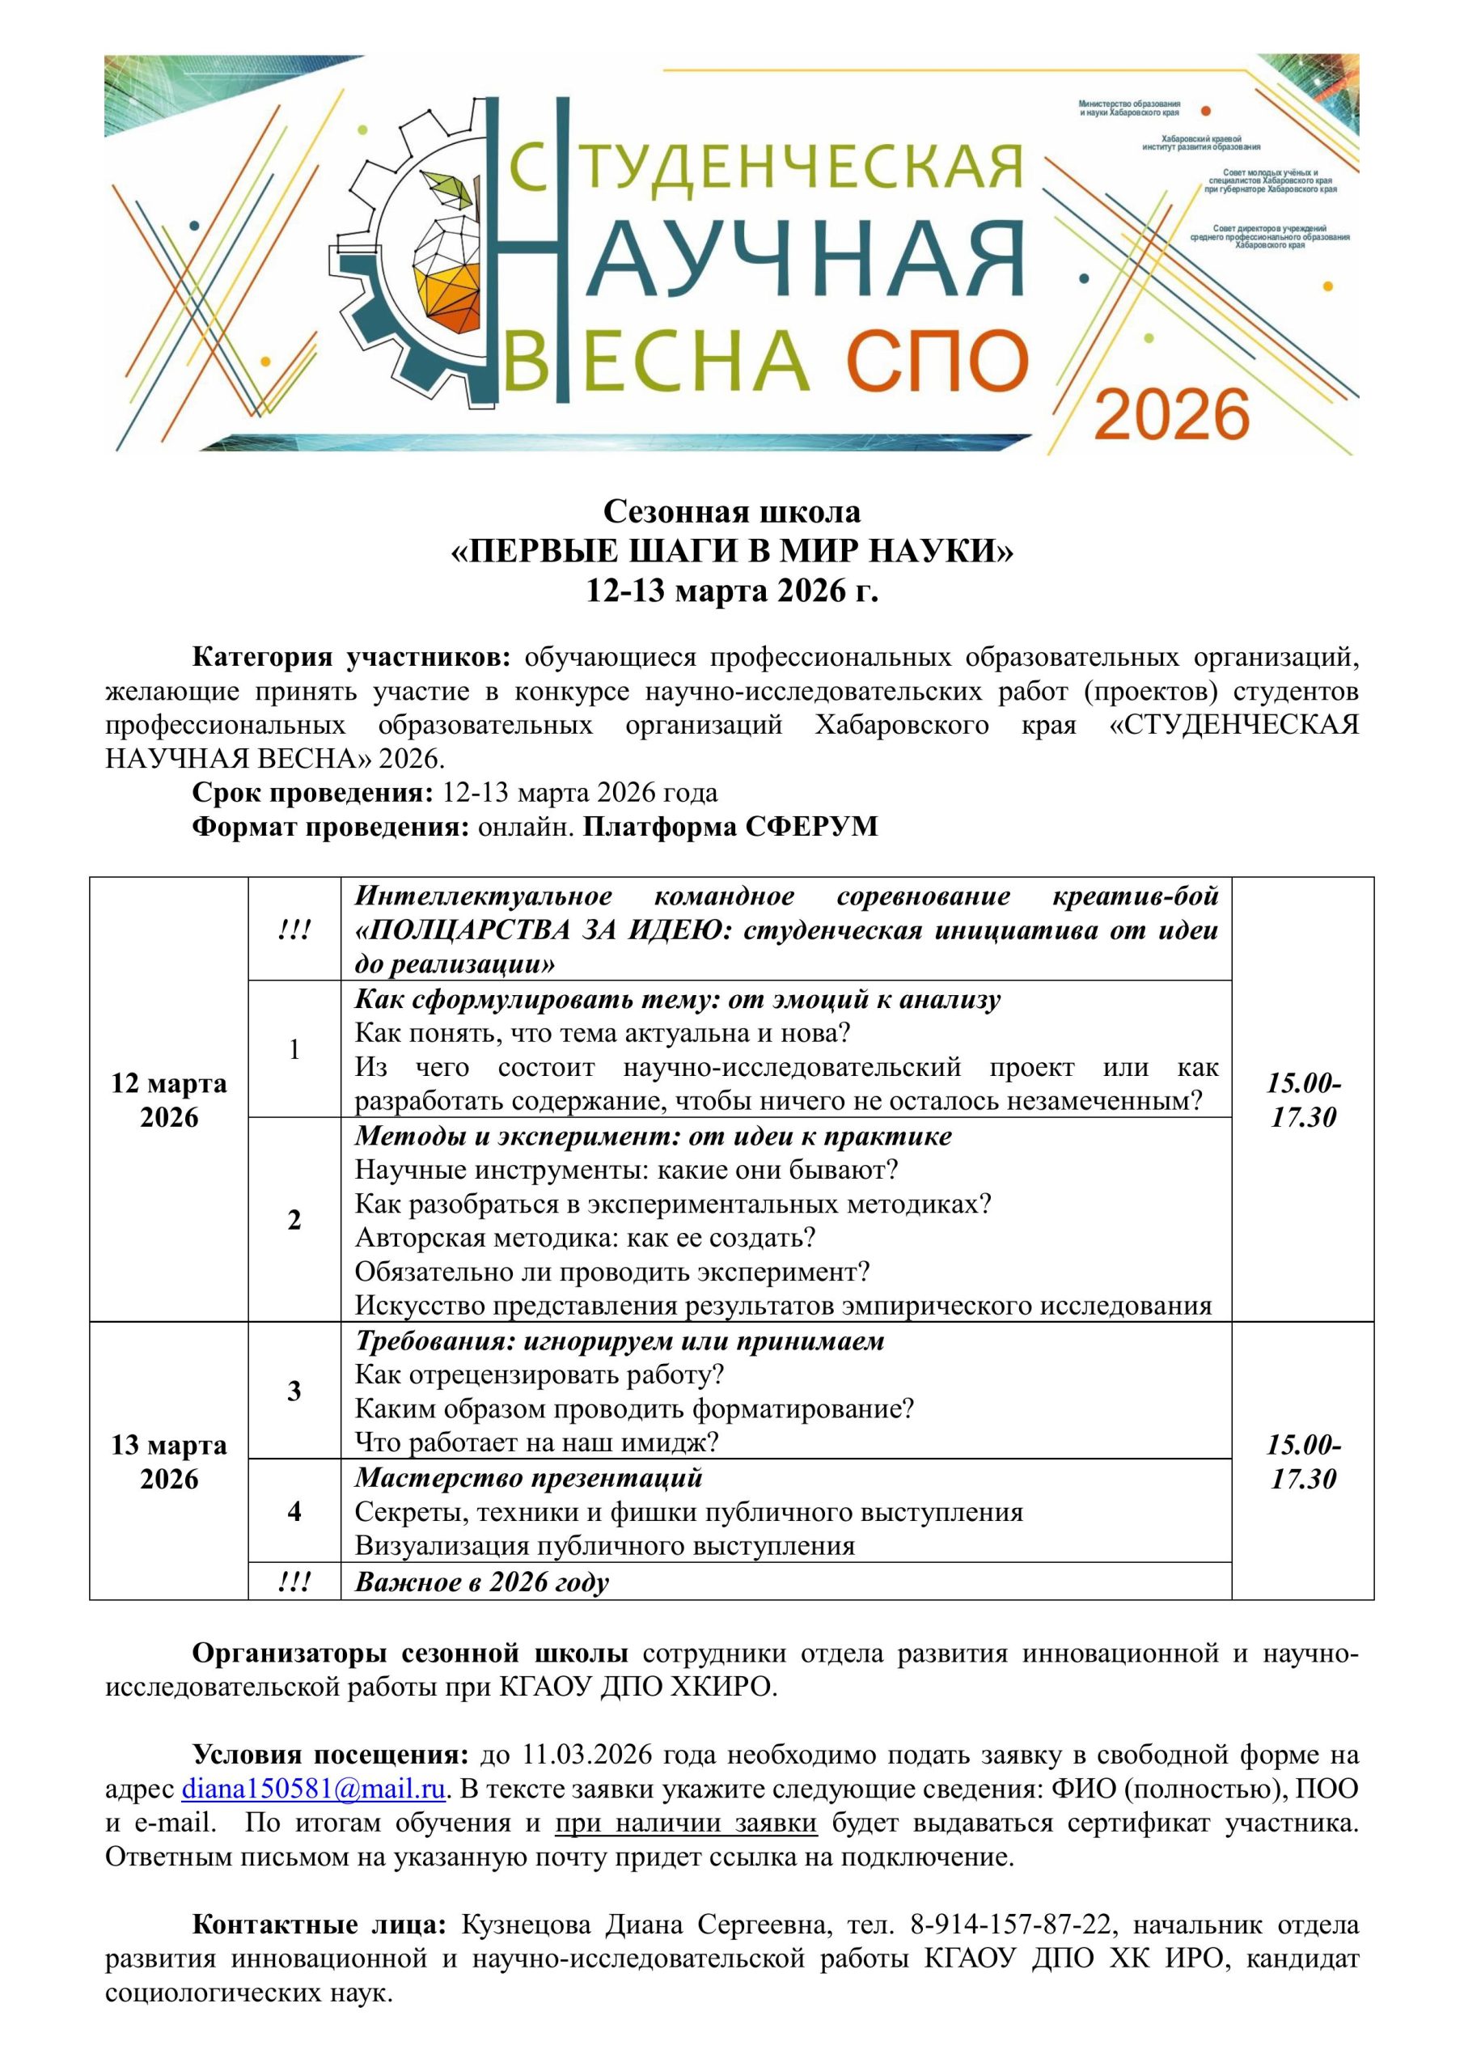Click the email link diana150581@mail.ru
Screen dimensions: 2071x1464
point(313,1789)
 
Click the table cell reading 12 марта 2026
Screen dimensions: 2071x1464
point(169,1099)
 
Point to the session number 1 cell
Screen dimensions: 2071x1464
point(294,1049)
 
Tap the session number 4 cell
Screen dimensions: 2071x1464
point(294,1512)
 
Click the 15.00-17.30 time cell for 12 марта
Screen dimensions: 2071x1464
point(1302,1099)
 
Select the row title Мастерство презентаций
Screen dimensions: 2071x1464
point(529,1477)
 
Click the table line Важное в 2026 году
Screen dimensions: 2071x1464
point(482,1582)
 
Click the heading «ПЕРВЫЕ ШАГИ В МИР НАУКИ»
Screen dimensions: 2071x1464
point(731,551)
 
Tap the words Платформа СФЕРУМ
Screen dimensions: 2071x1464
point(730,826)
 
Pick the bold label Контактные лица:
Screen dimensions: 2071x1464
point(319,1925)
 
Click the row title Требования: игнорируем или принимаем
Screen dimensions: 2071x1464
point(620,1341)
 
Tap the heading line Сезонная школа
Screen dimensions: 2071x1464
point(731,511)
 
